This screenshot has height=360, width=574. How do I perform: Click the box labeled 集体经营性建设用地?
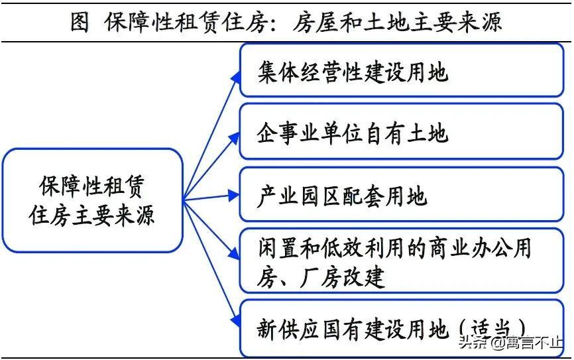[x=402, y=71]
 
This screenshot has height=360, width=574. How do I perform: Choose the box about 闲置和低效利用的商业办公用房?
[x=402, y=261]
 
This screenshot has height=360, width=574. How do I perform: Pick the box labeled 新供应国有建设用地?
[x=402, y=328]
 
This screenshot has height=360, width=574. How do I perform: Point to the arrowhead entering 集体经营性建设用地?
[x=234, y=77]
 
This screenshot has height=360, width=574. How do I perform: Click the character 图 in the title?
[x=80, y=22]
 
